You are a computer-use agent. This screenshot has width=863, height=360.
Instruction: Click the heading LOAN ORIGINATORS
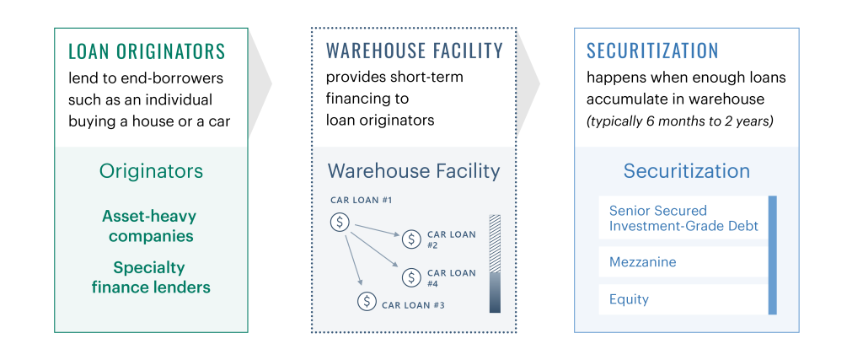[147, 51]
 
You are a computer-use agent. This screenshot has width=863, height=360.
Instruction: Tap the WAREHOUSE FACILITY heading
[415, 51]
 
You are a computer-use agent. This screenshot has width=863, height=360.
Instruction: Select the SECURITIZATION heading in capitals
[652, 51]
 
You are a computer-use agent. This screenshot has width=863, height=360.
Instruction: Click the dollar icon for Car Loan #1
[340, 223]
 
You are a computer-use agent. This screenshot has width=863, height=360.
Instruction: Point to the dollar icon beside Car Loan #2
[411, 239]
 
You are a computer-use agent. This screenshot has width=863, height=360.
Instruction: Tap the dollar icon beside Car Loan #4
[411, 277]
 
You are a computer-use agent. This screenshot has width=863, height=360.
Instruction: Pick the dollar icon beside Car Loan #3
[367, 301]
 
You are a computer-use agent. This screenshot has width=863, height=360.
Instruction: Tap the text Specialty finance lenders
[151, 277]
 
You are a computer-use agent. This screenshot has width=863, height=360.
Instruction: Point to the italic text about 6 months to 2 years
[680, 121]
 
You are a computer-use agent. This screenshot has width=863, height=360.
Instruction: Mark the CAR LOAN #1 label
[361, 200]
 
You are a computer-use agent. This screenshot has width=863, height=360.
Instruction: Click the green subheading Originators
[151, 171]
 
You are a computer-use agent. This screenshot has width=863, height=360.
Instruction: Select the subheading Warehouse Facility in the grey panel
[413, 171]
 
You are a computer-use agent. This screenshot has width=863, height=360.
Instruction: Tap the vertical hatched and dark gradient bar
[495, 264]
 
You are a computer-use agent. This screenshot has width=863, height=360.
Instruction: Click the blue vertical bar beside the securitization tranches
[772, 255]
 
